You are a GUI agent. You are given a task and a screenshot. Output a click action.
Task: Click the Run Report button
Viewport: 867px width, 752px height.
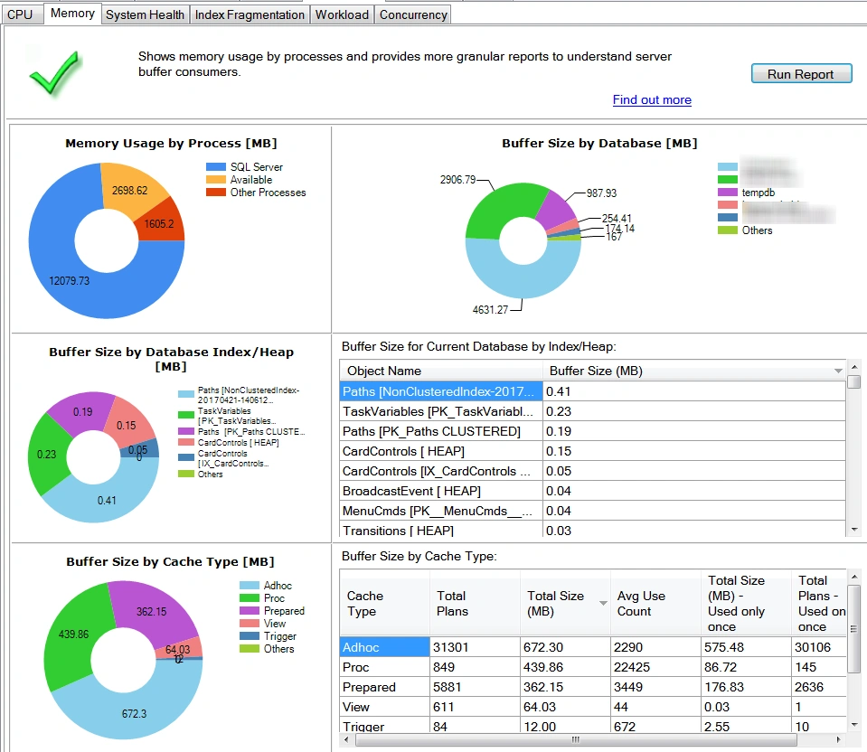click(801, 74)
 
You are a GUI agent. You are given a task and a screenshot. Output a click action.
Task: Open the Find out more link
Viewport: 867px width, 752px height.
click(652, 100)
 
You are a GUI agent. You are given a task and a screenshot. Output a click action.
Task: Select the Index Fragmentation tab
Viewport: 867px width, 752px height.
click(250, 14)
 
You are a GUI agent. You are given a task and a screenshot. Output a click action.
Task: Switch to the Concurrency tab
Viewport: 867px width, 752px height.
click(413, 14)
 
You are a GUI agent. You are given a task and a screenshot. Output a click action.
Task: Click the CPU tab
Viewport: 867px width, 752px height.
click(20, 14)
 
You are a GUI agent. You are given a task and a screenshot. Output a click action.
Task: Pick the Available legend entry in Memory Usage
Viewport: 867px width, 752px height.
click(250, 180)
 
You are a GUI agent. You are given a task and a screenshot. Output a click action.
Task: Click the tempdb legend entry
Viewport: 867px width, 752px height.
click(759, 193)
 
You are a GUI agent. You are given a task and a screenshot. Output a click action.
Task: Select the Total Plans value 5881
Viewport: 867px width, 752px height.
click(452, 687)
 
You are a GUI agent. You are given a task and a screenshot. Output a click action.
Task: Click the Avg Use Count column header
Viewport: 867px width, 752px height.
click(635, 604)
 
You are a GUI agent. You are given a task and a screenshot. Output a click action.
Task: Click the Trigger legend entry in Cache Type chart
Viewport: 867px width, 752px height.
click(279, 636)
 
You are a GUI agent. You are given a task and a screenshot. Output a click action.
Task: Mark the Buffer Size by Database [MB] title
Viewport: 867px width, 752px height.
click(599, 143)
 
